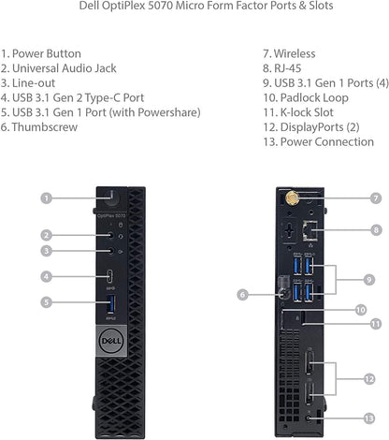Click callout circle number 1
pos(46,198)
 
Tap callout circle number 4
pos(46,276)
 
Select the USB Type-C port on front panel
pos(112,276)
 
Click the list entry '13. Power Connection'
pos(318,141)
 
